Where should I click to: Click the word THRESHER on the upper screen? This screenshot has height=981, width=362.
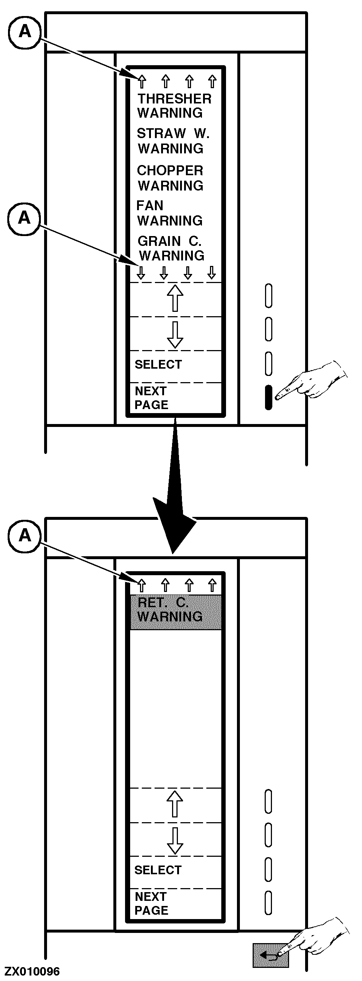(x=175, y=99)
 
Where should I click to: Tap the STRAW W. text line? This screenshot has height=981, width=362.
(x=173, y=134)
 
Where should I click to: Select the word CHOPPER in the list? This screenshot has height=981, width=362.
(x=170, y=170)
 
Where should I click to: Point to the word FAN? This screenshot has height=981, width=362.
(x=150, y=206)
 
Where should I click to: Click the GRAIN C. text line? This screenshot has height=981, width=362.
(x=169, y=241)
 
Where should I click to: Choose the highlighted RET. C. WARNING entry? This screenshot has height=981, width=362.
(x=176, y=610)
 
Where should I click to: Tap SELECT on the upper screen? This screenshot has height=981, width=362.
(x=158, y=364)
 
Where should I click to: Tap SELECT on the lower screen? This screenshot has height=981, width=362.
(x=158, y=870)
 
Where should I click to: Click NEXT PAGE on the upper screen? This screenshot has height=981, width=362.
(x=151, y=397)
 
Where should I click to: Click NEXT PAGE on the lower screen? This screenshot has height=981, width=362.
(x=151, y=903)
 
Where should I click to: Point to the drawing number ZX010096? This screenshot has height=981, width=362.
(x=32, y=972)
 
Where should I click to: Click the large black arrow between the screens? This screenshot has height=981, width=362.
(x=175, y=506)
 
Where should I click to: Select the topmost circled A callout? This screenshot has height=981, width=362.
(x=24, y=31)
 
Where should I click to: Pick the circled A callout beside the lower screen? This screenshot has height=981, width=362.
(x=24, y=535)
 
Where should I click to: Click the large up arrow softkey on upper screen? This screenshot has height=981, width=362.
(x=175, y=299)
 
